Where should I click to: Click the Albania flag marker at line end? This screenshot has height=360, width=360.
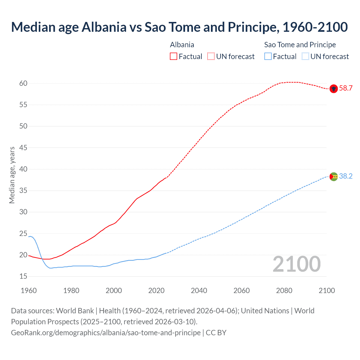coord(334,89)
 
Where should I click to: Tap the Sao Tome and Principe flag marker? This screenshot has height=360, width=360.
coord(334,176)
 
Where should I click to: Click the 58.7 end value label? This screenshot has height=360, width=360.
coord(346,88)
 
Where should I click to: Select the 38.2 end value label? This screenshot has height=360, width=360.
coord(346,176)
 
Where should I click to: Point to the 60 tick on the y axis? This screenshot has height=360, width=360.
coord(23,83)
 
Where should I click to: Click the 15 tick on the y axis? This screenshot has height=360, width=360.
coord(23,276)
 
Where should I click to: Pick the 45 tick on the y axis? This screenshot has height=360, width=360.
coord(23,148)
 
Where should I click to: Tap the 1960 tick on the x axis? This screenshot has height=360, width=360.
coord(29,291)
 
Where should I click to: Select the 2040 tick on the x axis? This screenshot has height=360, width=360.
coord(199,291)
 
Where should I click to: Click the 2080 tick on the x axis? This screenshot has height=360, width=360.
coord(284,291)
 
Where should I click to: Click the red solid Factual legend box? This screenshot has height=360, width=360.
coord(174,57)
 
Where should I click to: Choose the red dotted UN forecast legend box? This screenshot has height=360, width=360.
coord(211,57)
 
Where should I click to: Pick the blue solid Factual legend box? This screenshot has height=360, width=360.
coord(268,57)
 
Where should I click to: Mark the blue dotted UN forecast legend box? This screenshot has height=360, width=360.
coord(305,57)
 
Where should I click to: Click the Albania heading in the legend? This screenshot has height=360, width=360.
coord(182,45)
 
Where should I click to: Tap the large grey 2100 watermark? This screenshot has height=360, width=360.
coord(296,264)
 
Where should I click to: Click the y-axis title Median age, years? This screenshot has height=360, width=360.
coord(12,175)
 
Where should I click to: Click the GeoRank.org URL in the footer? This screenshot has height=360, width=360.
coord(106,333)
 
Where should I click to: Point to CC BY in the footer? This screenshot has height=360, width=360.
coord(216,333)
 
